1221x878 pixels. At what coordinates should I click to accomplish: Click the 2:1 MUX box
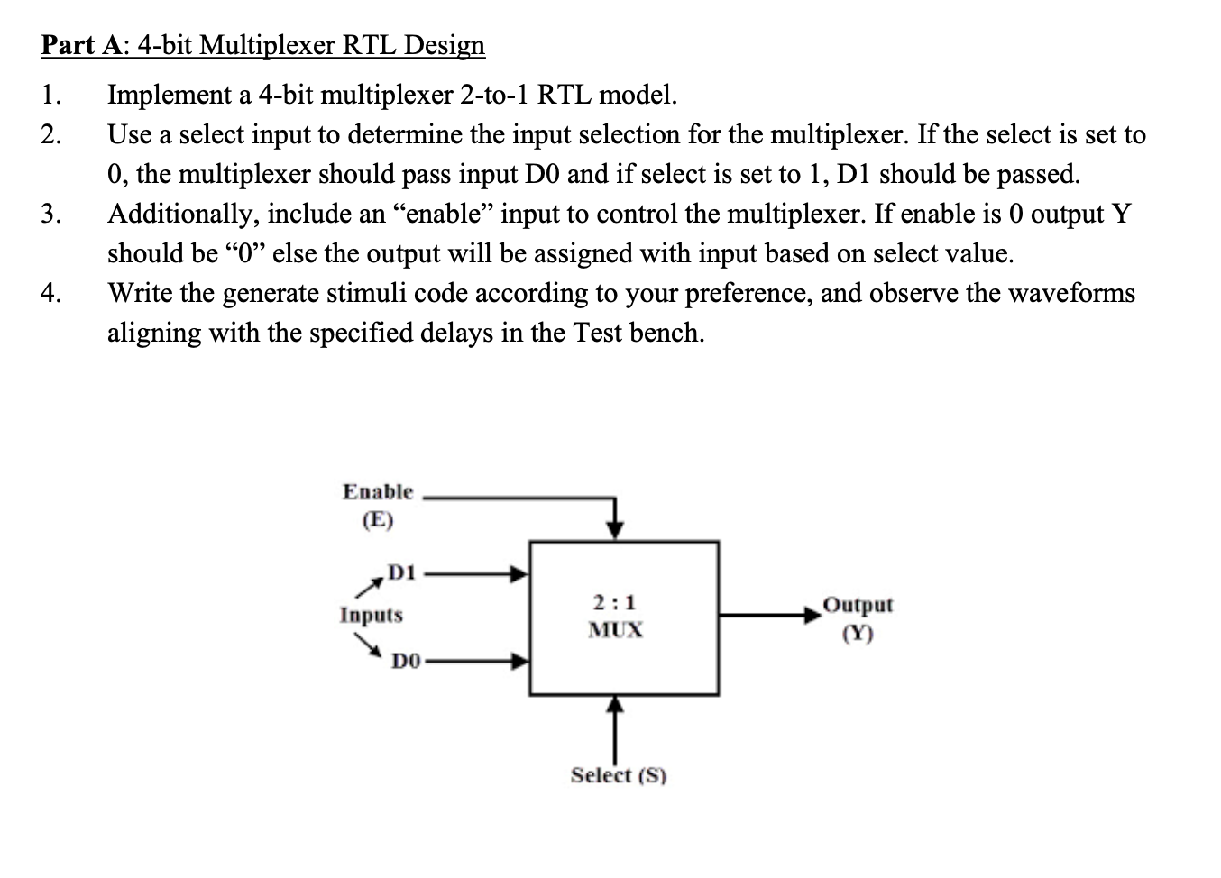click(x=623, y=617)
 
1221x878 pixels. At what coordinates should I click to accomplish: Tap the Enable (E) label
click(x=378, y=505)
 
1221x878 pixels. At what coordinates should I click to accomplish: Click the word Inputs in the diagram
click(x=371, y=616)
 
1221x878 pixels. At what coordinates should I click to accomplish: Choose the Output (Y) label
click(x=858, y=617)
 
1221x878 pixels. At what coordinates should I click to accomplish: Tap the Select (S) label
click(x=619, y=775)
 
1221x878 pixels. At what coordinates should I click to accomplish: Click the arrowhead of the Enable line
click(x=614, y=529)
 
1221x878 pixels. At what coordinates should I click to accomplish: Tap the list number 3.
click(x=51, y=214)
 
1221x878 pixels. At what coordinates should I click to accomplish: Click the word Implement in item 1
click(x=163, y=95)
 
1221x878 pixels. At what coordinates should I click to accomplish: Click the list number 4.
click(x=51, y=293)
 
